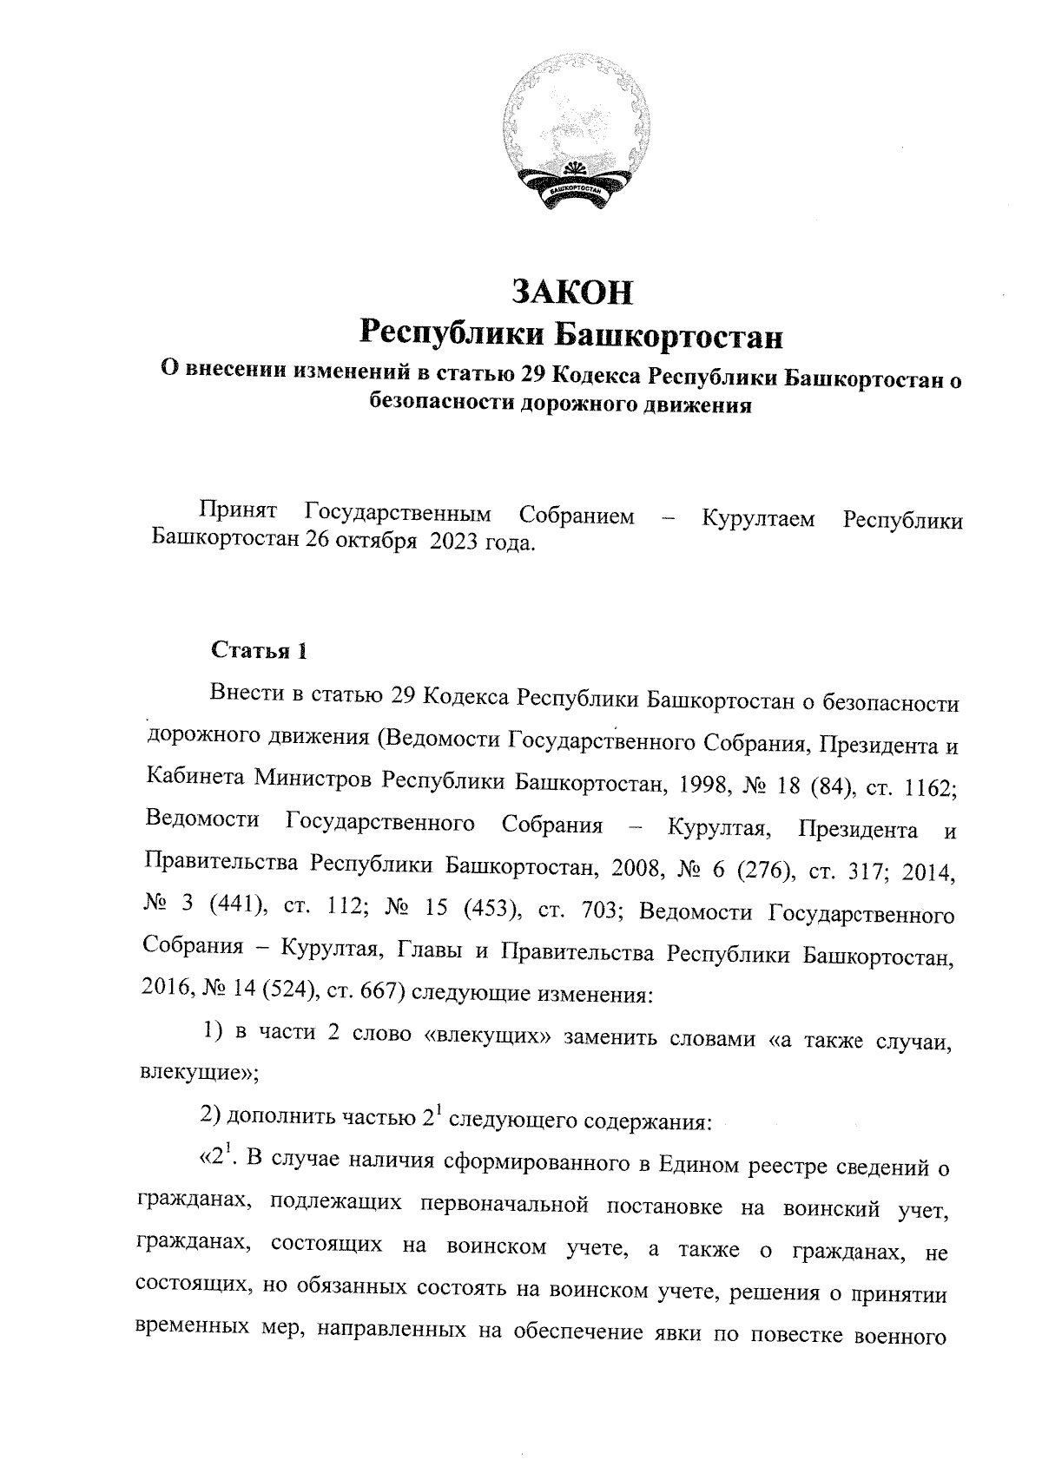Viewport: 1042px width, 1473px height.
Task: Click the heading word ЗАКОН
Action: tap(573, 293)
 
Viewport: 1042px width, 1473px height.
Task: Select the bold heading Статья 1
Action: tap(259, 650)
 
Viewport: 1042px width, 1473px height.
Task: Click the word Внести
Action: tap(247, 696)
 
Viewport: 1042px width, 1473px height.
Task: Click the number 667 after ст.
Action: tap(370, 991)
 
